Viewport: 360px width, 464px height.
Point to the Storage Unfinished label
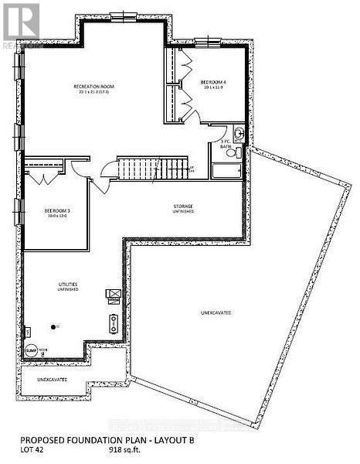pos(182,209)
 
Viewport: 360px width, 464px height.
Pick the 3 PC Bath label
pos(226,144)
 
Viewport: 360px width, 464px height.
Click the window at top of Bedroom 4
pos(207,41)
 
